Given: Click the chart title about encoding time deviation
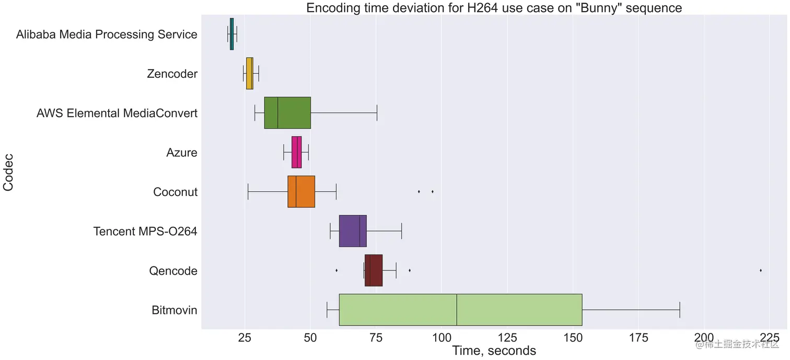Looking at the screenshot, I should [x=494, y=8].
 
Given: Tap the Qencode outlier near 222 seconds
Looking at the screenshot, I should [x=760, y=270].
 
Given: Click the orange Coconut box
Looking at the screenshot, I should [x=301, y=192].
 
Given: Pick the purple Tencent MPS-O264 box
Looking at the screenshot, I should [x=353, y=231].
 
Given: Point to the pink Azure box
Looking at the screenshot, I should [x=296, y=153].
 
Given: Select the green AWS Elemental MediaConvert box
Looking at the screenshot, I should [x=287, y=113].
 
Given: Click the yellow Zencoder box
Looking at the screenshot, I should [x=250, y=74].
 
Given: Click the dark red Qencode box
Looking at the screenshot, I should [x=374, y=271].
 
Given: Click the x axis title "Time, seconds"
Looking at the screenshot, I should [x=494, y=350].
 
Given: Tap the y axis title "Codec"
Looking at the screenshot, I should [x=9, y=172].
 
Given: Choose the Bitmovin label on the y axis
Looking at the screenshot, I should [x=175, y=310].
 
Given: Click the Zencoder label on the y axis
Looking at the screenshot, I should [x=172, y=74].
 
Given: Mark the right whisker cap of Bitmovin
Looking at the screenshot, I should [x=679, y=310].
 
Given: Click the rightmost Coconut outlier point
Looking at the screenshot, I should [x=433, y=192].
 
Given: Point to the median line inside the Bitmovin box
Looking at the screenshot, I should [x=457, y=310].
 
